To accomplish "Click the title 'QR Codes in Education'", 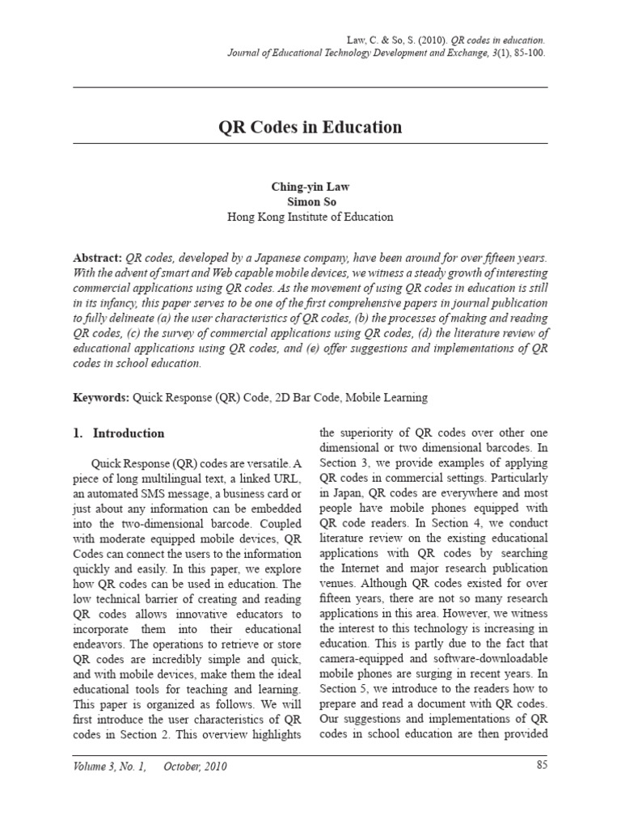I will (x=310, y=128).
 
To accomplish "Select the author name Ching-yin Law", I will (x=310, y=186).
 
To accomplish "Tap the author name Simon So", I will (x=310, y=201).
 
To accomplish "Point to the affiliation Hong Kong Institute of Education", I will (x=310, y=217).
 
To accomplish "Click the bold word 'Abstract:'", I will (x=98, y=257).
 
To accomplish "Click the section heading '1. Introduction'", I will (x=119, y=433).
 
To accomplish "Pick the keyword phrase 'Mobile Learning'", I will (x=388, y=398).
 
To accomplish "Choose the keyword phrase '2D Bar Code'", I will (x=307, y=398).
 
